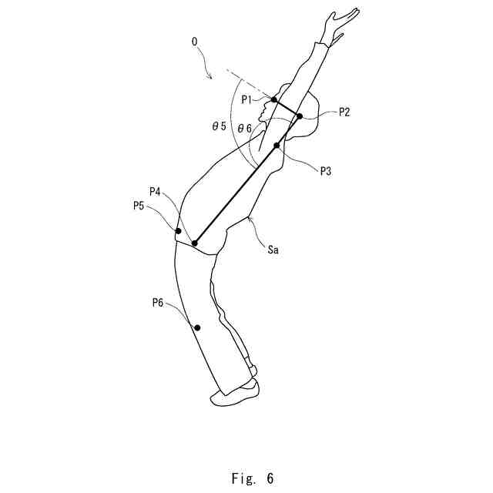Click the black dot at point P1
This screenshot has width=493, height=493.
click(274, 100)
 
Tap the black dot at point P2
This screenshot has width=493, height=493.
click(300, 116)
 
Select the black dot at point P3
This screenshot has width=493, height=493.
click(277, 146)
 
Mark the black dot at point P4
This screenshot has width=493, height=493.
click(194, 243)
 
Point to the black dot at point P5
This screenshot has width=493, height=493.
click(178, 231)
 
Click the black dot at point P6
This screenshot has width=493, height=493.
click(197, 327)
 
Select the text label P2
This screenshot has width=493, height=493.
click(344, 112)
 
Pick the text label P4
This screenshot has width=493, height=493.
click(156, 192)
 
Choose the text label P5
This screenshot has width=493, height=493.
click(139, 206)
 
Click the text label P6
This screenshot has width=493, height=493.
click(158, 304)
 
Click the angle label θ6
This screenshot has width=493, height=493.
click(244, 128)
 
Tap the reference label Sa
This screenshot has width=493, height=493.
click(273, 250)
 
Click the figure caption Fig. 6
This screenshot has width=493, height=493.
click(252, 478)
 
